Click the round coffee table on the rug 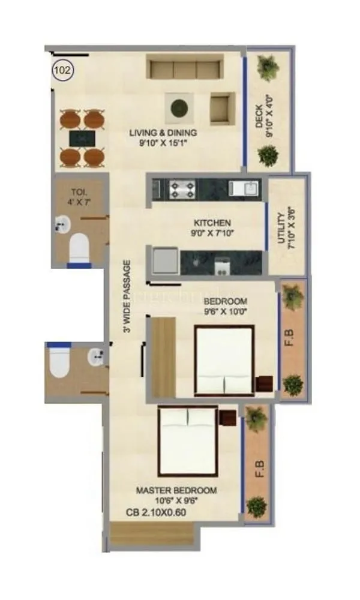(x=178, y=108)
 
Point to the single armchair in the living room (x=224, y=109)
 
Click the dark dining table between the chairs (x=82, y=138)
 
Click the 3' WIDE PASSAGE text (x=127, y=300)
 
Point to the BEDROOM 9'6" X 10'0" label (x=225, y=305)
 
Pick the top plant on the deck (x=266, y=68)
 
